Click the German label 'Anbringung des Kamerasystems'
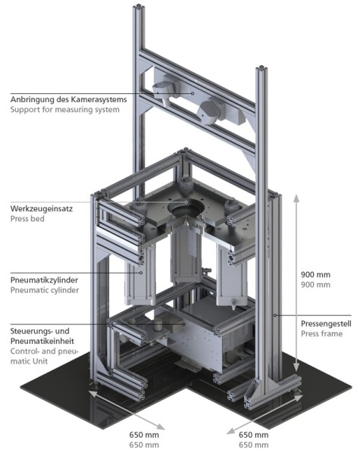(68, 99)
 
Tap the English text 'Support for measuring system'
(65, 109)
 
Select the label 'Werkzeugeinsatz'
(42, 208)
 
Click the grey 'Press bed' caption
(27, 219)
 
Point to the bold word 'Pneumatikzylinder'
(45, 280)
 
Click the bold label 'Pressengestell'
(326, 323)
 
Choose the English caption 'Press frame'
(321, 334)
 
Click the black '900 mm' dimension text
(315, 274)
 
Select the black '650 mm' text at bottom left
(144, 435)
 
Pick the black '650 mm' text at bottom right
(254, 435)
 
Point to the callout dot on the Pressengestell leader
(275, 315)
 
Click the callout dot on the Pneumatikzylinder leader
(141, 273)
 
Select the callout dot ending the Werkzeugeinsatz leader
(186, 202)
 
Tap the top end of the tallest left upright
(138, 7)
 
